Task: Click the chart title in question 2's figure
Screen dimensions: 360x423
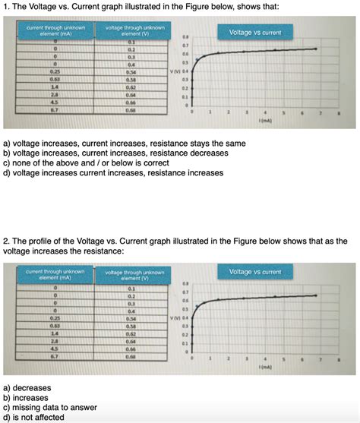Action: coord(255,271)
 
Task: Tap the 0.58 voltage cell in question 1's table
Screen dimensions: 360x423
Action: coord(131,79)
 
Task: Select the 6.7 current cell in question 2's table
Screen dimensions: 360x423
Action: coord(55,355)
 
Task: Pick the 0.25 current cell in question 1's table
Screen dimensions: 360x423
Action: coord(55,72)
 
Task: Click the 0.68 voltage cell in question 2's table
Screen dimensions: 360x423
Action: coord(131,355)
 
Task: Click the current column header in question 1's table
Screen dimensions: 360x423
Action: coord(55,31)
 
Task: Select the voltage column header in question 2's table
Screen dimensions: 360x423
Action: coord(131,275)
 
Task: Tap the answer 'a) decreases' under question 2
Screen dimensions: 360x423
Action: coord(28,387)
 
